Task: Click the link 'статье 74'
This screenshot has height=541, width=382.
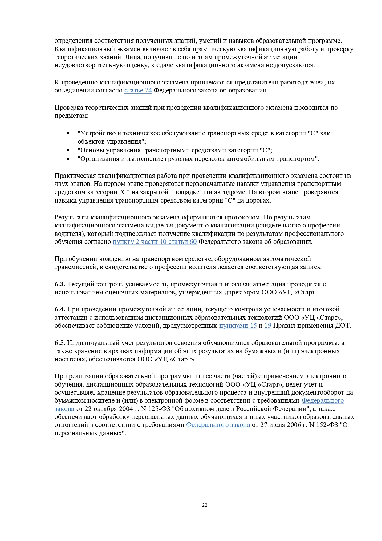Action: click(x=138, y=90)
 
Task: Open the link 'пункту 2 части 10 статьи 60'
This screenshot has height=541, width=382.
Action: click(x=155, y=242)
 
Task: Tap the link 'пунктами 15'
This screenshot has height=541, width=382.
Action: click(x=238, y=326)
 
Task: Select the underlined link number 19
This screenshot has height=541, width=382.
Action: click(x=268, y=326)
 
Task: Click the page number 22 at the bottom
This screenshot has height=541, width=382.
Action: click(x=205, y=505)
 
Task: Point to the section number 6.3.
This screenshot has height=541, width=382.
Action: click(x=60, y=284)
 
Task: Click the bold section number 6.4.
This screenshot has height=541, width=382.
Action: click(x=60, y=309)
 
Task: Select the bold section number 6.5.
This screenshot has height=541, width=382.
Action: click(x=60, y=343)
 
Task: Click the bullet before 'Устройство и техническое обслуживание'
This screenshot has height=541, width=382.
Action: click(x=68, y=133)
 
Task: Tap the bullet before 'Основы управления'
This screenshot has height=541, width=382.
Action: click(x=68, y=150)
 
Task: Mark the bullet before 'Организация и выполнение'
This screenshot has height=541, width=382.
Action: click(x=68, y=159)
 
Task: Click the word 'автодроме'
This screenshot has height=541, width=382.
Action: click(x=230, y=192)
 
